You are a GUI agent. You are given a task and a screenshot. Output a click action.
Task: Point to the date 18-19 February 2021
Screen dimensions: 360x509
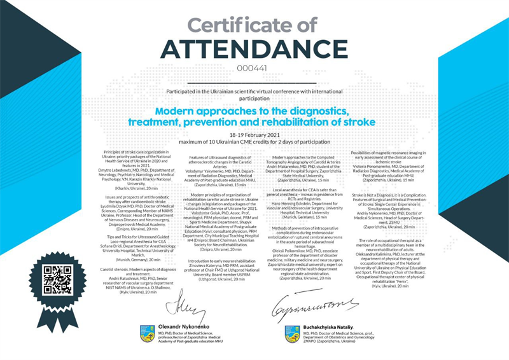[254, 135]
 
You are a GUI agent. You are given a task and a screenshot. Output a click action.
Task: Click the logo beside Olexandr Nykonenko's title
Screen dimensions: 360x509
[147, 332]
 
